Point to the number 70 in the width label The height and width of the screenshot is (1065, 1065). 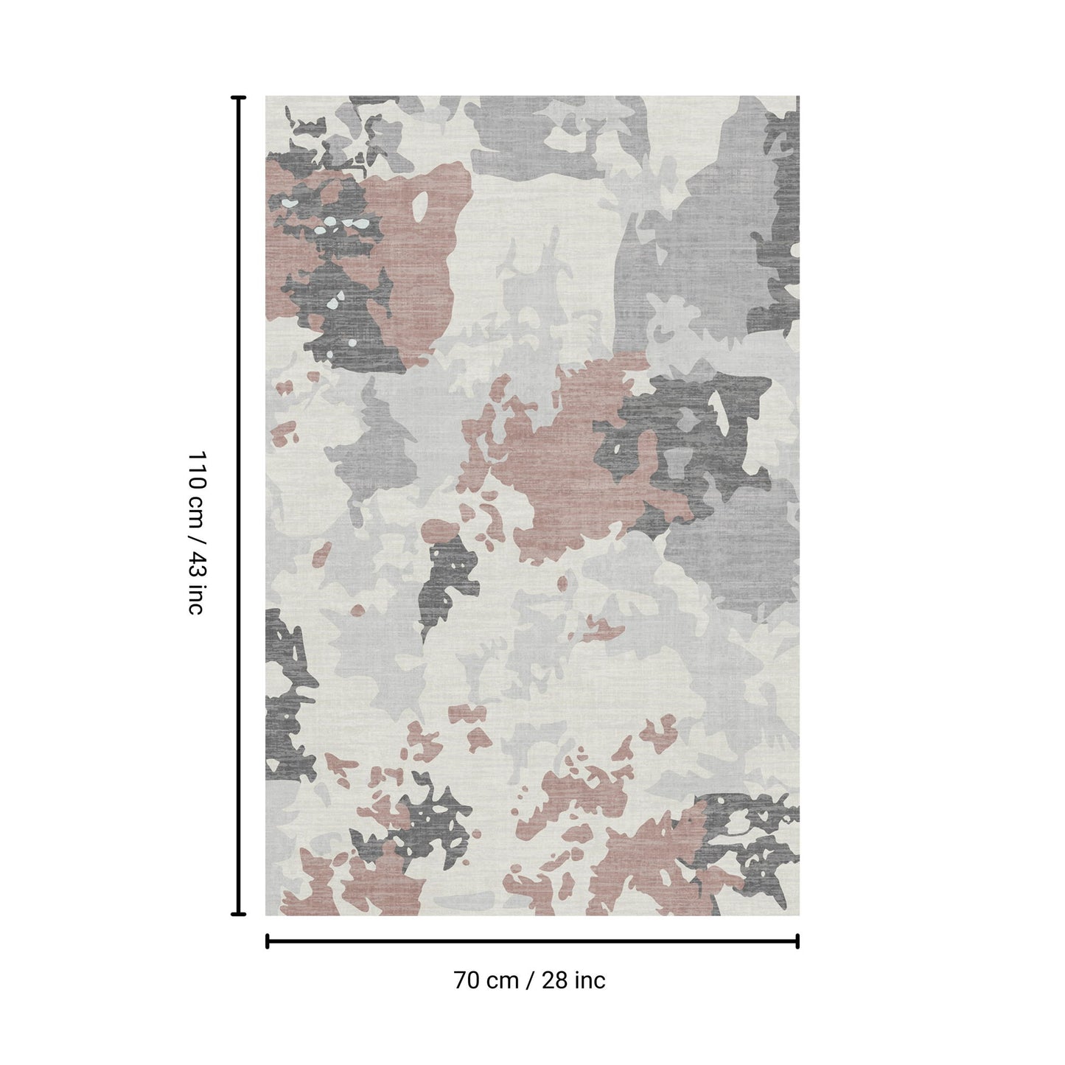pyautogui.click(x=466, y=980)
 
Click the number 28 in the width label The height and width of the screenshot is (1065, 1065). pyautogui.click(x=554, y=980)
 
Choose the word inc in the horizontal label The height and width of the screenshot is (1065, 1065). pyautogui.click(x=590, y=980)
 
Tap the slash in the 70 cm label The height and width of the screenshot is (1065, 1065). pyautogui.click(x=530, y=980)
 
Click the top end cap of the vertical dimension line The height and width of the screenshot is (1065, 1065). pyautogui.click(x=238, y=97)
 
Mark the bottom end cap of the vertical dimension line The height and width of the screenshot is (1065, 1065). pyautogui.click(x=238, y=914)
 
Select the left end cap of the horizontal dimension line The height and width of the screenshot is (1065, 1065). pyautogui.click(x=267, y=940)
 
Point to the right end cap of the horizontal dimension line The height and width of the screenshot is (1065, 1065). pyautogui.click(x=797, y=940)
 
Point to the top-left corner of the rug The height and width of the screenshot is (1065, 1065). pyautogui.click(x=266, y=97)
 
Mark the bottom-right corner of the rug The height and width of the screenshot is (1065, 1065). pyautogui.click(x=798, y=915)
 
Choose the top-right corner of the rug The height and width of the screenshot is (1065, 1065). pyautogui.click(x=798, y=97)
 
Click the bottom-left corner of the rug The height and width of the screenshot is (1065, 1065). pyautogui.click(x=266, y=915)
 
